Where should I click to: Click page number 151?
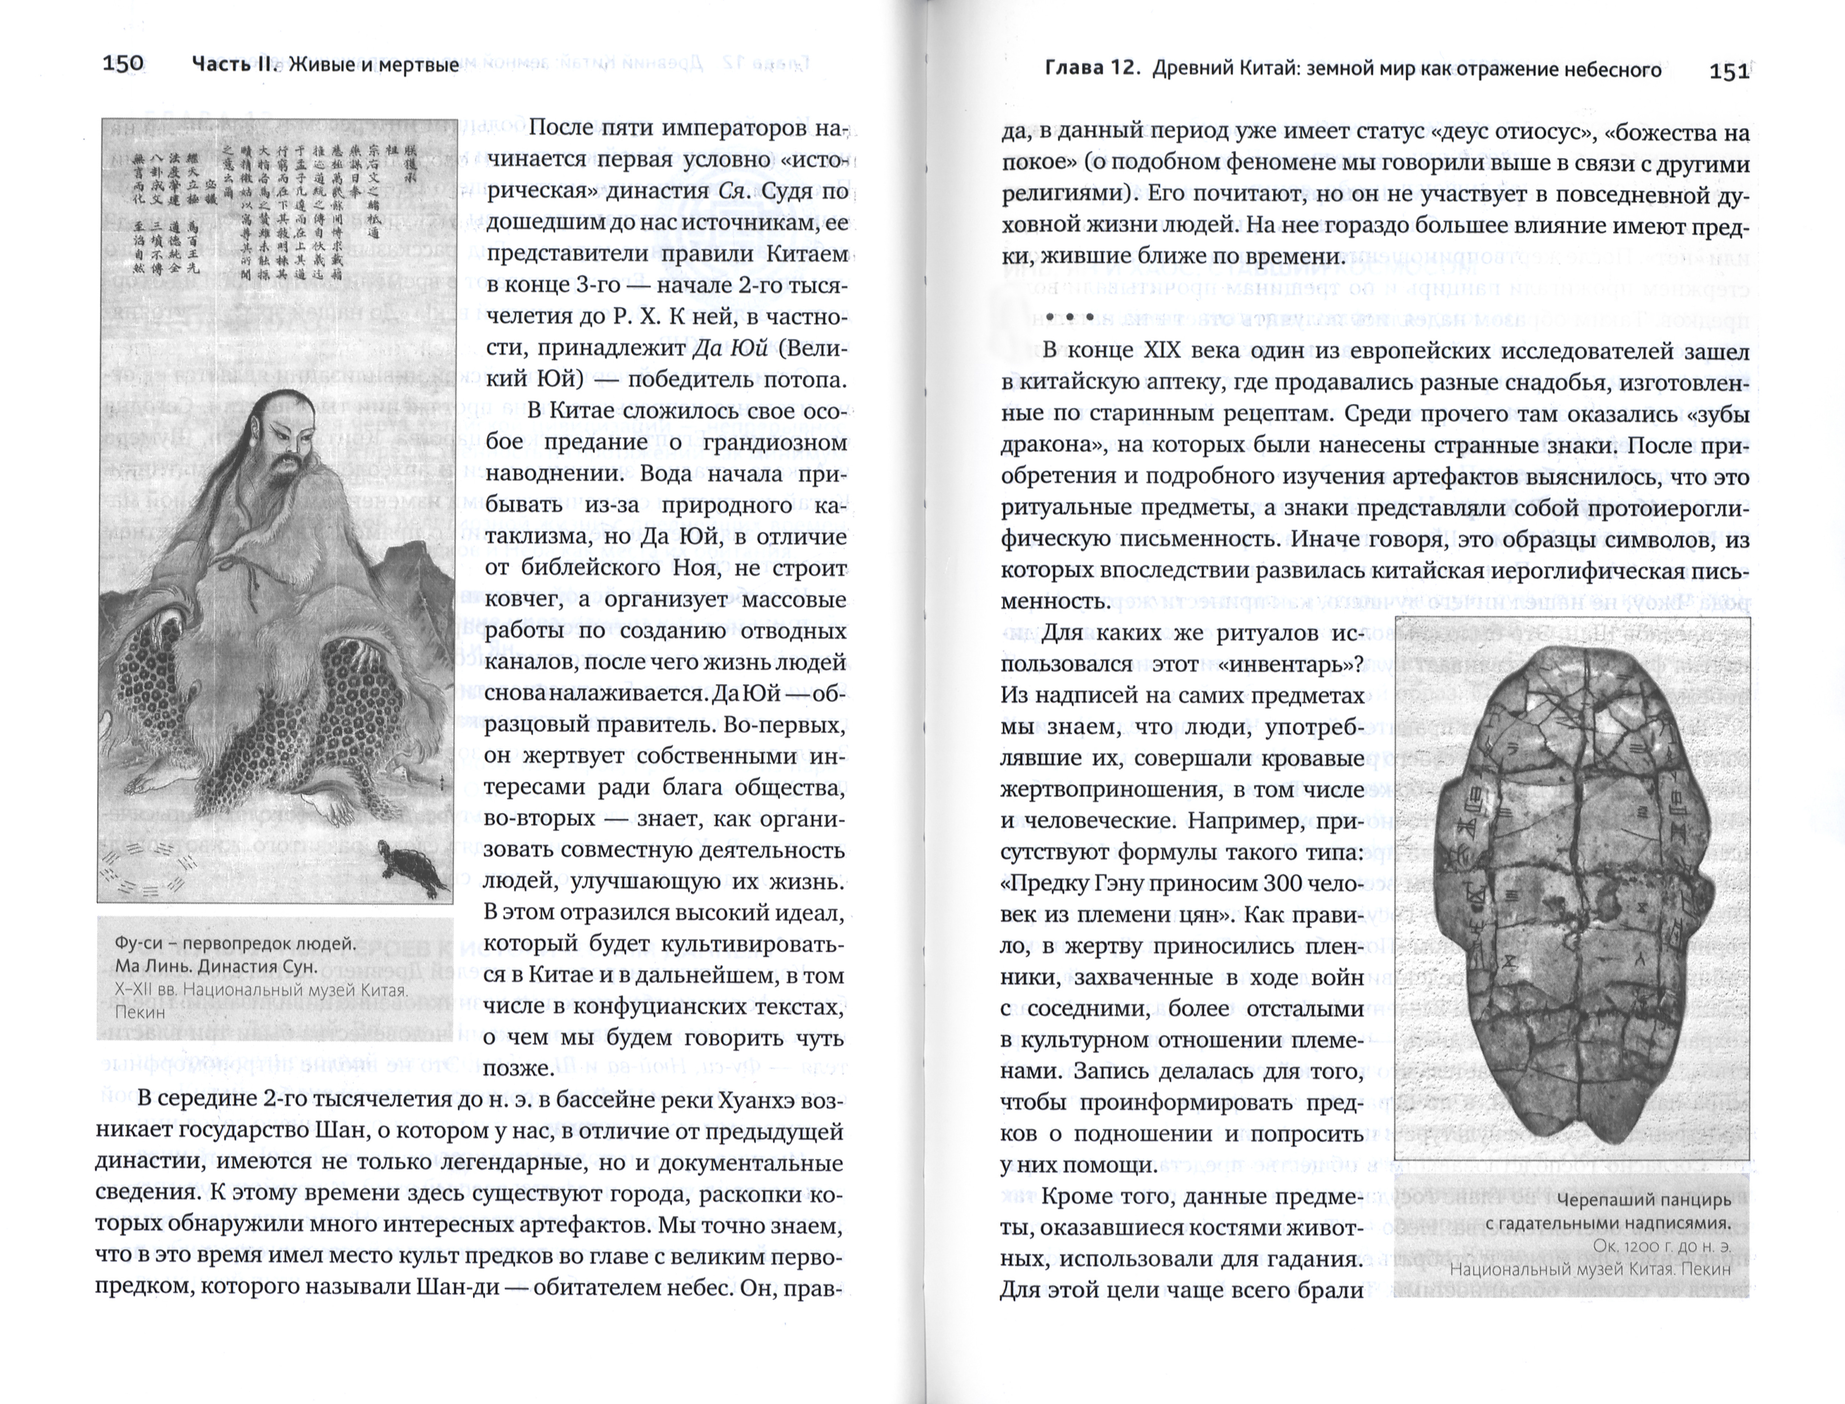[1729, 71]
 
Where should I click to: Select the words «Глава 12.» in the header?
[1093, 69]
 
